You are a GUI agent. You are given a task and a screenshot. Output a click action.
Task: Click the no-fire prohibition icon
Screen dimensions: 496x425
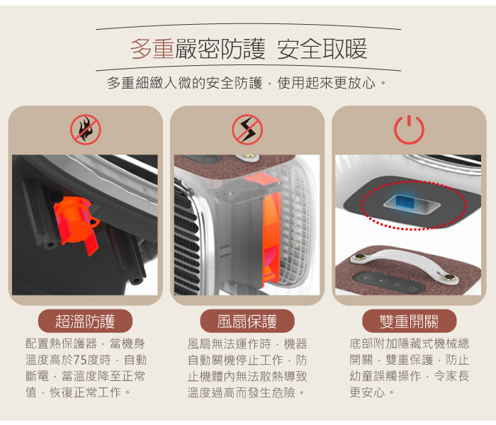point(86,130)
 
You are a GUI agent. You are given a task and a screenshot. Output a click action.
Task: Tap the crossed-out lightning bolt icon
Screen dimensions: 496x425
point(247,130)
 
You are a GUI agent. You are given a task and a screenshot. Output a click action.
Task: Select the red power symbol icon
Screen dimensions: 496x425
point(409,130)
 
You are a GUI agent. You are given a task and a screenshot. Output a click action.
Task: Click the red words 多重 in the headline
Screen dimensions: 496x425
point(152,49)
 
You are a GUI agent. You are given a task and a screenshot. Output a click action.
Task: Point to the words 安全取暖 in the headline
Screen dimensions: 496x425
point(322,49)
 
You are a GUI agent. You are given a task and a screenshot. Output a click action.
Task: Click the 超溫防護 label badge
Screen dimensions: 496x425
point(85,321)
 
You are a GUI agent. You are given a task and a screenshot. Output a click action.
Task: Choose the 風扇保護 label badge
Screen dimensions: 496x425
point(247,321)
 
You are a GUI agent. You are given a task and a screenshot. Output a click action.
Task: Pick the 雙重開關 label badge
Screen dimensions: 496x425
point(409,321)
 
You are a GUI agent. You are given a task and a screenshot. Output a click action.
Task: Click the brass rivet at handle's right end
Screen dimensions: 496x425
point(449,278)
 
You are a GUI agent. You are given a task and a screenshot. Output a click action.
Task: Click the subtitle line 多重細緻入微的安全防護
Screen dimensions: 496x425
point(184,83)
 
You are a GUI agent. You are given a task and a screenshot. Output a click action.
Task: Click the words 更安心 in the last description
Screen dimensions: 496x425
point(367,392)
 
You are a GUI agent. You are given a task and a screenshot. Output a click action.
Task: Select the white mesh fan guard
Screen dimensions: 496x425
point(294,227)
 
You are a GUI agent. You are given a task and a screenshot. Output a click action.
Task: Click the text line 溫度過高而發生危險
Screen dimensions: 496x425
point(242,392)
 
